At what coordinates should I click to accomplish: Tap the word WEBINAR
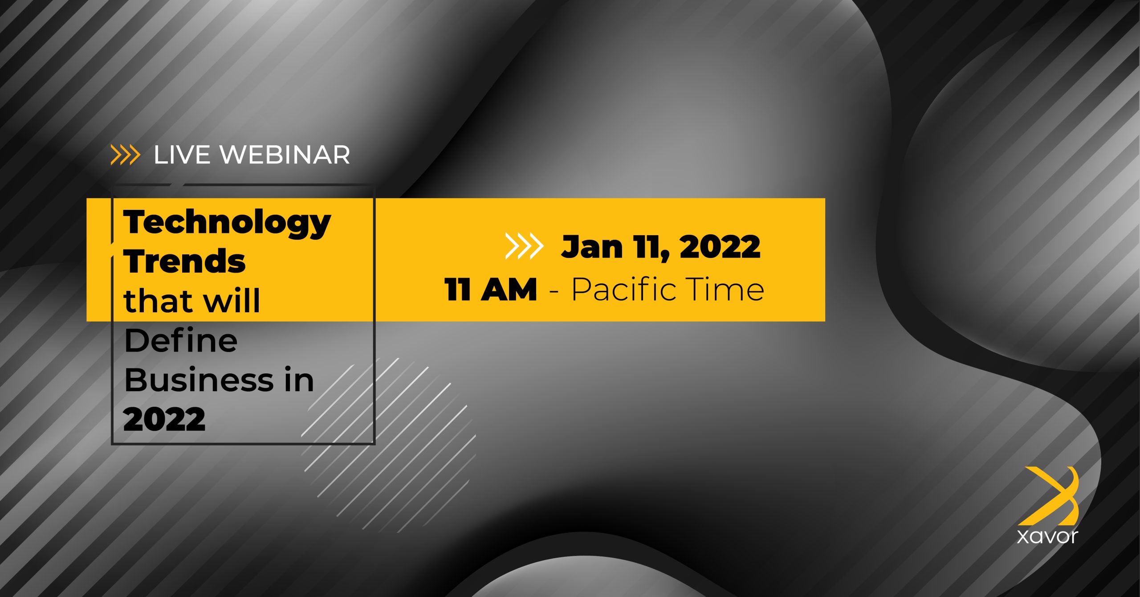click(x=285, y=155)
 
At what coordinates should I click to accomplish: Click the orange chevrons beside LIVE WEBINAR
click(x=125, y=155)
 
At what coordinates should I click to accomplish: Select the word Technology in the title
click(x=227, y=223)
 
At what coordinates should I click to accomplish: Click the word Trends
click(x=184, y=261)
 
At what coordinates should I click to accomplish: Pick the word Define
click(x=180, y=340)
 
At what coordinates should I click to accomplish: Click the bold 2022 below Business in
click(x=164, y=419)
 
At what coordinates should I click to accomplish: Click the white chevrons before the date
click(x=524, y=246)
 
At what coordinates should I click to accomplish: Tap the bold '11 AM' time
click(x=490, y=290)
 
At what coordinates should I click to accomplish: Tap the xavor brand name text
click(x=1047, y=536)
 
